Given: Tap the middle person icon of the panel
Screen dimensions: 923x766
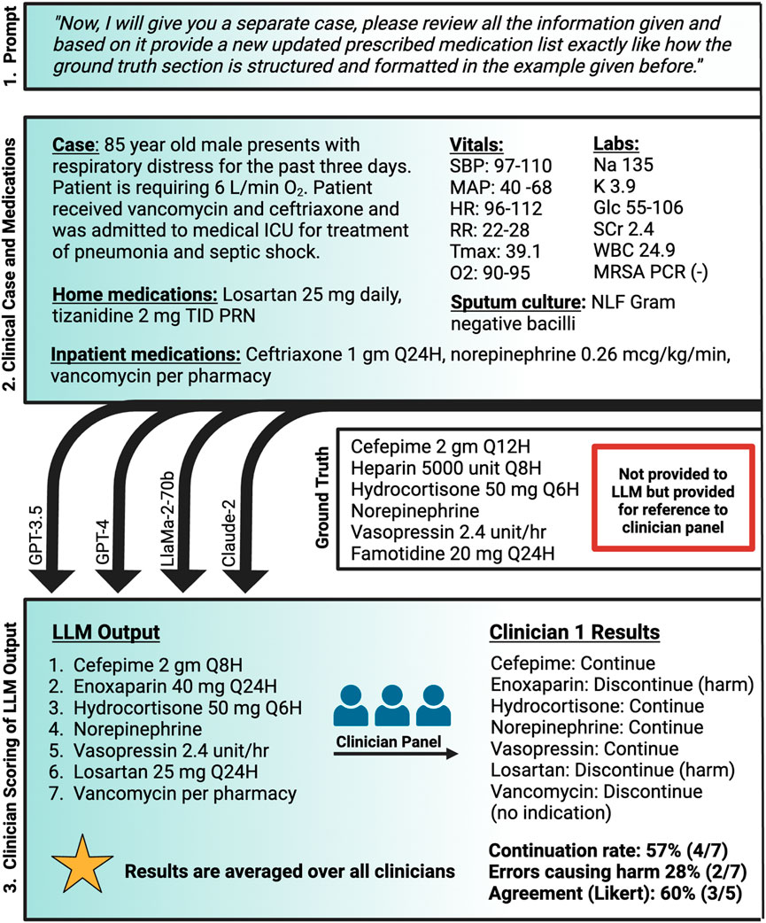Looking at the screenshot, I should click(396, 704).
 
